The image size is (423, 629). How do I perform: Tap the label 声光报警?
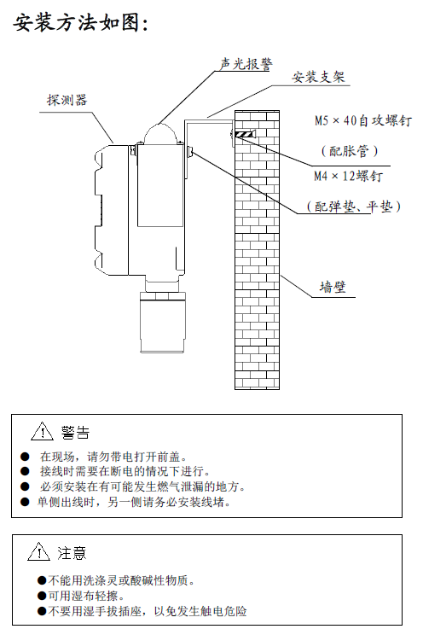(246, 64)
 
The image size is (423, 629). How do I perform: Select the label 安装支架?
(318, 77)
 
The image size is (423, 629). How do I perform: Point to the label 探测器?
(67, 100)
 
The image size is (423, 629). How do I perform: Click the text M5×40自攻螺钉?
(362, 120)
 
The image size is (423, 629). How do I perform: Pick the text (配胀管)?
(349, 151)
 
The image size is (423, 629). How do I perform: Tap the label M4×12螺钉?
(348, 176)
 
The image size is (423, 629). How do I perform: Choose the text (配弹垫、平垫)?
(354, 207)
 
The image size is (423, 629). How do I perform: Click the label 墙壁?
(333, 287)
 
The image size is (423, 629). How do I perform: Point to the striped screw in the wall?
(244, 134)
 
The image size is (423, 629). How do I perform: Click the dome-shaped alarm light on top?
(160, 134)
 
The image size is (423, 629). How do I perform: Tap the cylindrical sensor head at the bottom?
(162, 322)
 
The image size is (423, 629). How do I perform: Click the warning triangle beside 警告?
(42, 431)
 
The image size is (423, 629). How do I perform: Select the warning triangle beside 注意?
(39, 551)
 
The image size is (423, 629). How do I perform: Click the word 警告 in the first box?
(75, 433)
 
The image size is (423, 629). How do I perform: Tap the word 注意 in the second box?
(72, 553)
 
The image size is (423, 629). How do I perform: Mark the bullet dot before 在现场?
(26, 457)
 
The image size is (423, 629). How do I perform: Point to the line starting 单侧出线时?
(134, 502)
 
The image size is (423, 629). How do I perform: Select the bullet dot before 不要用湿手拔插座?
(42, 611)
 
